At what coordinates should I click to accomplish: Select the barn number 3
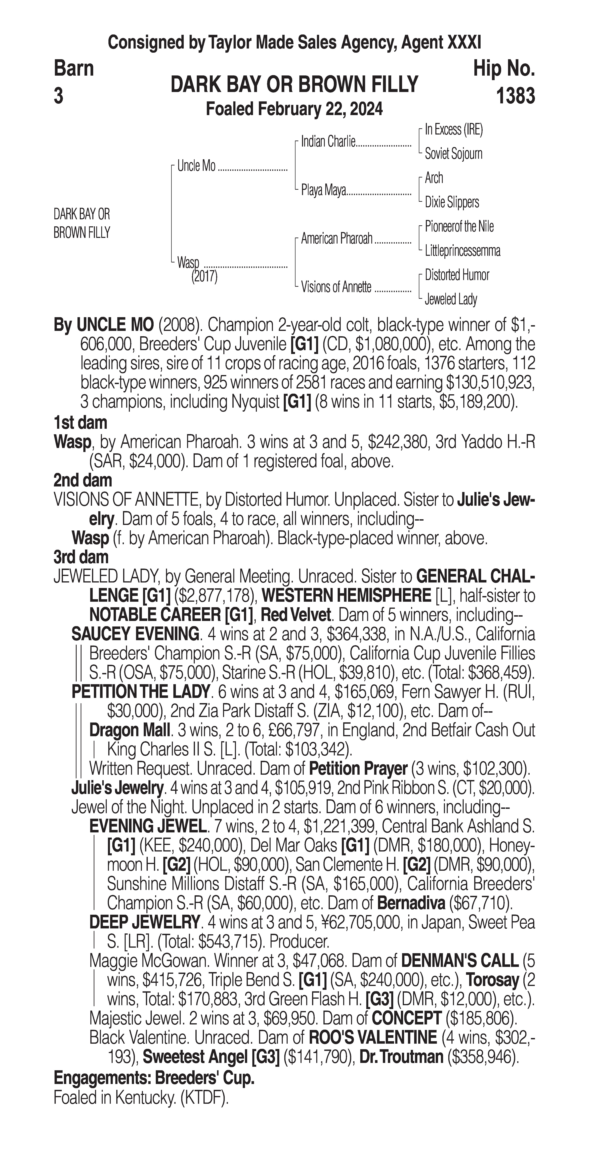[x=58, y=96]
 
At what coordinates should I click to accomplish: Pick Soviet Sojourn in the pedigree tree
[x=453, y=154]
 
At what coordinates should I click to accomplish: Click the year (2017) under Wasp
[x=204, y=277]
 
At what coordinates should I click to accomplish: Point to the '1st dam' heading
[x=80, y=423]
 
